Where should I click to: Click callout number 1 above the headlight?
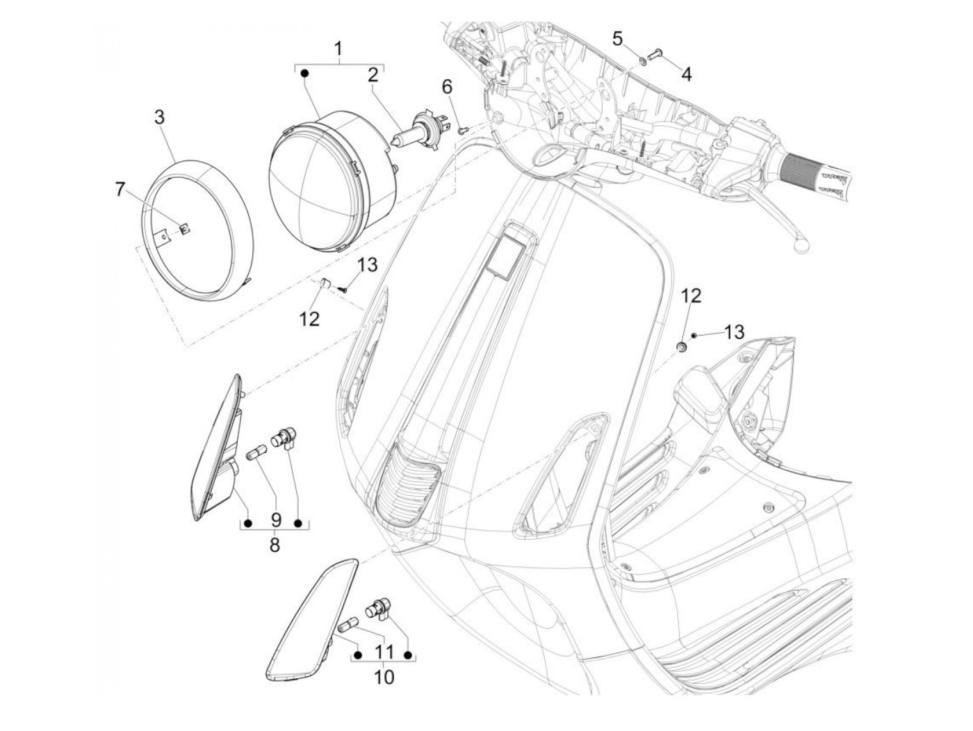click(x=338, y=49)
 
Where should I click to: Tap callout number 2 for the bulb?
click(x=373, y=74)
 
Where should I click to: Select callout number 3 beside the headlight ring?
click(x=160, y=117)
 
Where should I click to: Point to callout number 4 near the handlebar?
click(x=686, y=73)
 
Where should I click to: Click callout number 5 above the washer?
click(x=618, y=39)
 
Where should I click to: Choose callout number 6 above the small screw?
click(x=447, y=87)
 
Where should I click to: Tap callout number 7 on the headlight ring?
click(x=121, y=188)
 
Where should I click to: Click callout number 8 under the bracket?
click(x=275, y=545)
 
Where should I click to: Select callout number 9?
click(x=275, y=520)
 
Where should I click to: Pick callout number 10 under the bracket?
click(x=384, y=676)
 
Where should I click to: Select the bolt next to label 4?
click(x=657, y=53)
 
